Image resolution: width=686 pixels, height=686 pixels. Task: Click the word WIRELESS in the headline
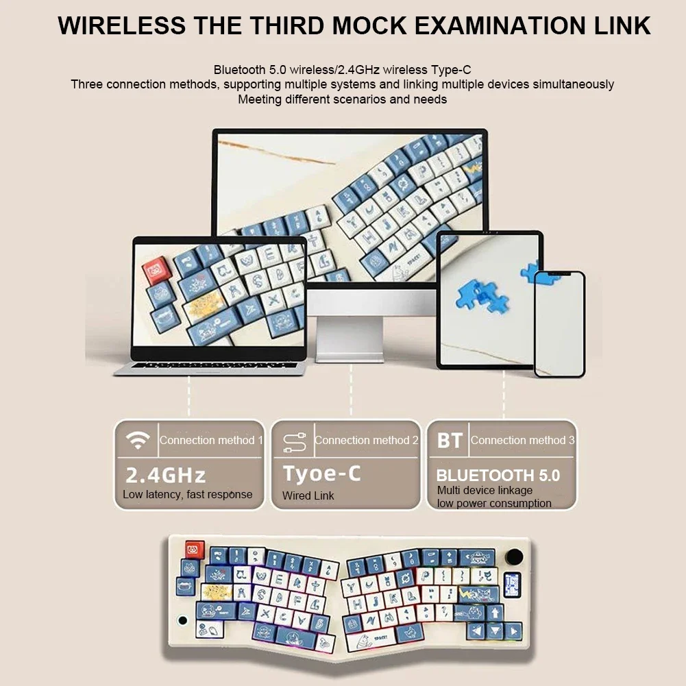click(x=122, y=25)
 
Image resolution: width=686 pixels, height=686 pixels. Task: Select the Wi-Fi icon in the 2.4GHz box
click(x=138, y=441)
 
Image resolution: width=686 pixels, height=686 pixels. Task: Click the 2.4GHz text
click(x=165, y=474)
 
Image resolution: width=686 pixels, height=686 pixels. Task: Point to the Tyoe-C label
click(x=321, y=474)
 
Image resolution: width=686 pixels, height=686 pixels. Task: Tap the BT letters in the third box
click(x=450, y=441)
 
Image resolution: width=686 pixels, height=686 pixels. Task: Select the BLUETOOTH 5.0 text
click(x=498, y=475)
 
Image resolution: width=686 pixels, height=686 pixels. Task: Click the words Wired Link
click(x=308, y=495)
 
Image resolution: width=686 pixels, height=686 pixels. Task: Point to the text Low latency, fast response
click(x=187, y=494)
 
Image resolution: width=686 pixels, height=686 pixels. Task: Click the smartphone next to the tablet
click(x=559, y=323)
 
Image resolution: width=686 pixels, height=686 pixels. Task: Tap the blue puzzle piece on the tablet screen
click(x=480, y=294)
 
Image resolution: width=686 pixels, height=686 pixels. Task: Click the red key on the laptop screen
click(x=156, y=270)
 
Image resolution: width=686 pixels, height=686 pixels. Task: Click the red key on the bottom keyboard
click(x=194, y=550)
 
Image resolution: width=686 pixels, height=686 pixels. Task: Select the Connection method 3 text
click(x=522, y=441)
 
